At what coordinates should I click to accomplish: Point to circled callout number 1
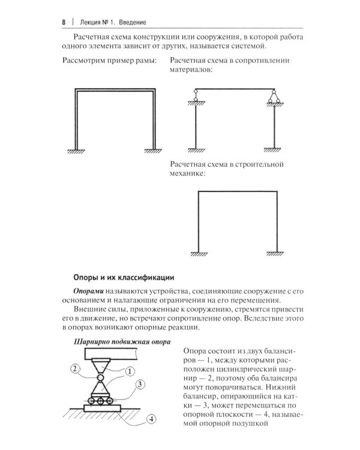coord(130,371)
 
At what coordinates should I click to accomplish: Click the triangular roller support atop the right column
coord(274,95)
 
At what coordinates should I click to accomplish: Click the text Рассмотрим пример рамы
coord(109,61)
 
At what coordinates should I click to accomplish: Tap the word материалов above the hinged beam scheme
coord(192,71)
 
